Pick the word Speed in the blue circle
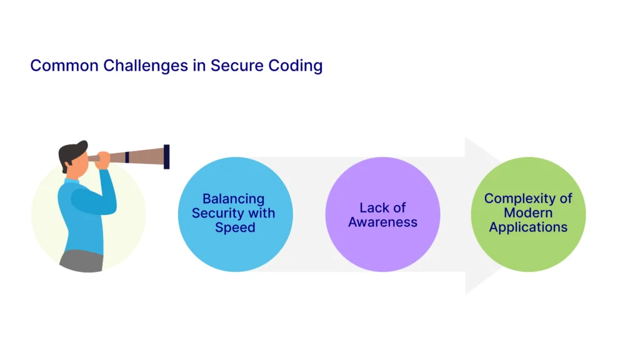[235, 227]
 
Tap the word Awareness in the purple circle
[382, 222]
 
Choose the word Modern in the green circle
[528, 213]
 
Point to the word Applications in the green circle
[528, 227]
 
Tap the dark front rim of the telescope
[167, 156]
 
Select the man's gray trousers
[81, 261]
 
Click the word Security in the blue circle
[217, 213]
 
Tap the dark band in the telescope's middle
[127, 156]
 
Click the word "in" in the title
[199, 66]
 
